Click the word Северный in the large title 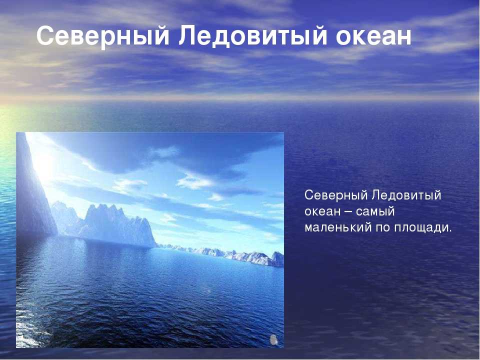pyautogui.click(x=103, y=36)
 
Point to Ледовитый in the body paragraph pyautogui.click(x=406, y=195)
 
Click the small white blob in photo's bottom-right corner pyautogui.click(x=273, y=339)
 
